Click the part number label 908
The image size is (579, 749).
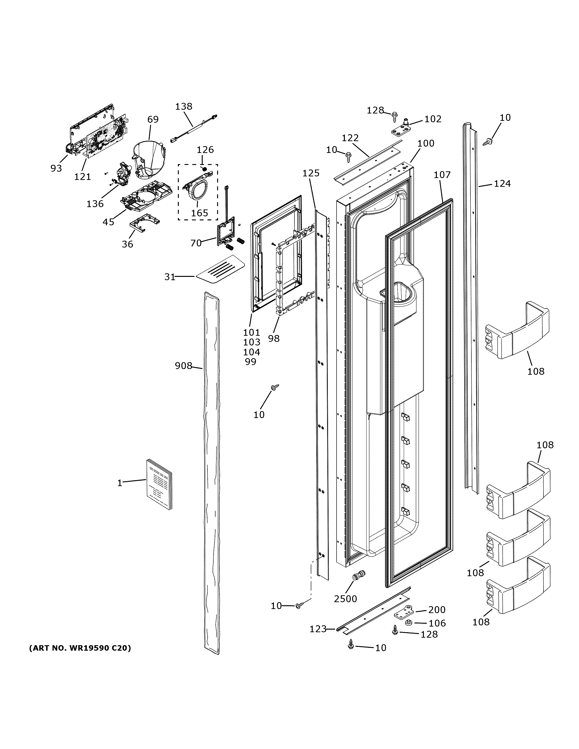click(183, 366)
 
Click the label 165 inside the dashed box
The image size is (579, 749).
click(199, 213)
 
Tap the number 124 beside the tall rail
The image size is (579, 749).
click(502, 184)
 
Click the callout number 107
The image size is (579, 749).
click(442, 175)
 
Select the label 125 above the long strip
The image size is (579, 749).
click(311, 173)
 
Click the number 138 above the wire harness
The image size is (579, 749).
click(184, 107)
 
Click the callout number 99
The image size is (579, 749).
click(251, 361)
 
